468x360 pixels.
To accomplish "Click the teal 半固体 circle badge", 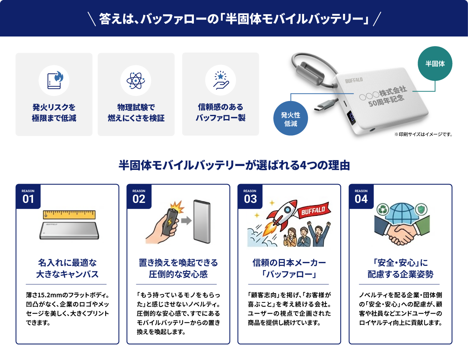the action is pyautogui.click(x=435, y=63).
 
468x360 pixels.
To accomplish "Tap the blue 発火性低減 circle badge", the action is pyautogui.click(x=291, y=118).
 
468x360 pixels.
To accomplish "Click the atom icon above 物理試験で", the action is pyautogui.click(x=136, y=81).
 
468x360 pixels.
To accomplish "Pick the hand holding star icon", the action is pyautogui.click(x=221, y=80).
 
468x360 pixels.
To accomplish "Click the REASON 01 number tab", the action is pyautogui.click(x=28, y=196).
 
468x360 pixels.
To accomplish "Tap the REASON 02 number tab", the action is pyautogui.click(x=139, y=196).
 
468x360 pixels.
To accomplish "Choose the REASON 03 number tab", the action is pyautogui.click(x=250, y=196).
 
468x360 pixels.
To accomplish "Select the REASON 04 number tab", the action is pyautogui.click(x=361, y=196).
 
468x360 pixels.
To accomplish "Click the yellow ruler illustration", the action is pyautogui.click(x=69, y=214).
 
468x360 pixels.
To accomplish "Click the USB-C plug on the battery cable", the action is pyautogui.click(x=324, y=106).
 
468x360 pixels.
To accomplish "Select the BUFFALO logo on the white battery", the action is pyautogui.click(x=354, y=80).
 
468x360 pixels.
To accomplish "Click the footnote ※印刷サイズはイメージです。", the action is pyautogui.click(x=423, y=134).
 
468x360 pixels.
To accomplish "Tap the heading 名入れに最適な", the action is pyautogui.click(x=68, y=263).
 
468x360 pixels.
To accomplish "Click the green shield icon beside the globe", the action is pyautogui.click(x=421, y=209).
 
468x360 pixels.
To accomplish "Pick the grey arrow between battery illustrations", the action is pyautogui.click(x=186, y=221).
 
